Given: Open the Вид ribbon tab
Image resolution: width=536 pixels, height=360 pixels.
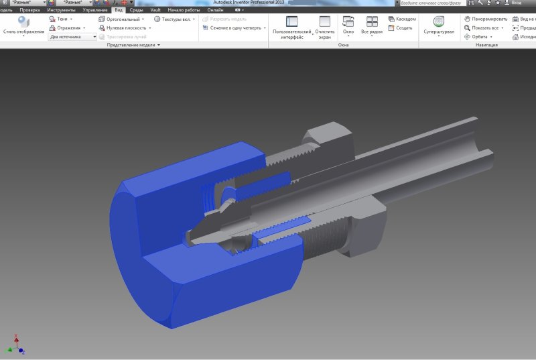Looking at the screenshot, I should pyautogui.click(x=119, y=11).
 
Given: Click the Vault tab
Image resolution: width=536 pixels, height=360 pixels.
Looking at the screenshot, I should pyautogui.click(x=155, y=11).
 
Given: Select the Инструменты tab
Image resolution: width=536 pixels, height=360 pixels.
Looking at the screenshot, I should pyautogui.click(x=61, y=11).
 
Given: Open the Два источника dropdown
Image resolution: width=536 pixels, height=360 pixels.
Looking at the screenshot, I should pyautogui.click(x=73, y=37).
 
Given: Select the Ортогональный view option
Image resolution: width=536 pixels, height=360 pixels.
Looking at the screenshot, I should pyautogui.click(x=123, y=19).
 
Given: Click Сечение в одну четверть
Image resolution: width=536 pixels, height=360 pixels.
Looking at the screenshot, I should pyautogui.click(x=234, y=28).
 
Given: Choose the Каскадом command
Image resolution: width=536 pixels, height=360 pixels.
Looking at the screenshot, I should pyautogui.click(x=405, y=19).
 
